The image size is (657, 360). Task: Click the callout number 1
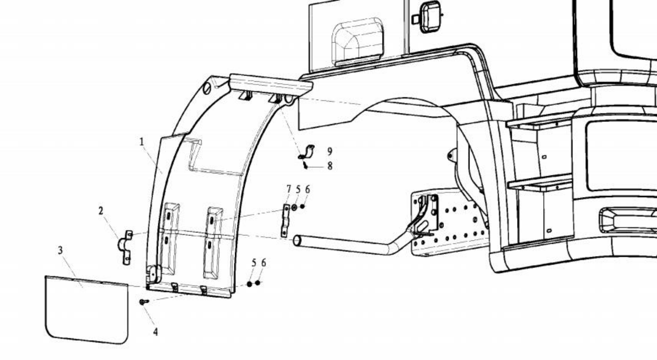(x=142, y=142)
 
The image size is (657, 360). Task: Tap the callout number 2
(x=101, y=211)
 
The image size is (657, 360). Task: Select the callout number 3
(x=60, y=250)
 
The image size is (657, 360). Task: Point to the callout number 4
(x=155, y=332)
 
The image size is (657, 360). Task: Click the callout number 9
(x=330, y=152)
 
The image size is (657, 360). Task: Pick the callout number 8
(x=330, y=166)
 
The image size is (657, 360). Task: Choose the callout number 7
(x=289, y=189)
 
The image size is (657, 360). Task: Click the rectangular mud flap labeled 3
(x=86, y=309)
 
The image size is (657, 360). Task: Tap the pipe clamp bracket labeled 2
(x=125, y=248)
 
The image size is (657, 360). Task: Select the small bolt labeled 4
(x=145, y=301)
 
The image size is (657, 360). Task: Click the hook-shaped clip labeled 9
(x=307, y=152)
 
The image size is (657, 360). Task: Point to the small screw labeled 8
(x=305, y=165)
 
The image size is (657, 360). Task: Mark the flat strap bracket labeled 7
(x=286, y=221)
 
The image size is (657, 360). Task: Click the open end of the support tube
(x=297, y=240)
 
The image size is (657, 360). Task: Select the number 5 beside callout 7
(x=299, y=189)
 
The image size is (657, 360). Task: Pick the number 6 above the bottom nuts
(x=264, y=263)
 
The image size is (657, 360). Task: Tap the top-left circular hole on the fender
(x=207, y=88)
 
